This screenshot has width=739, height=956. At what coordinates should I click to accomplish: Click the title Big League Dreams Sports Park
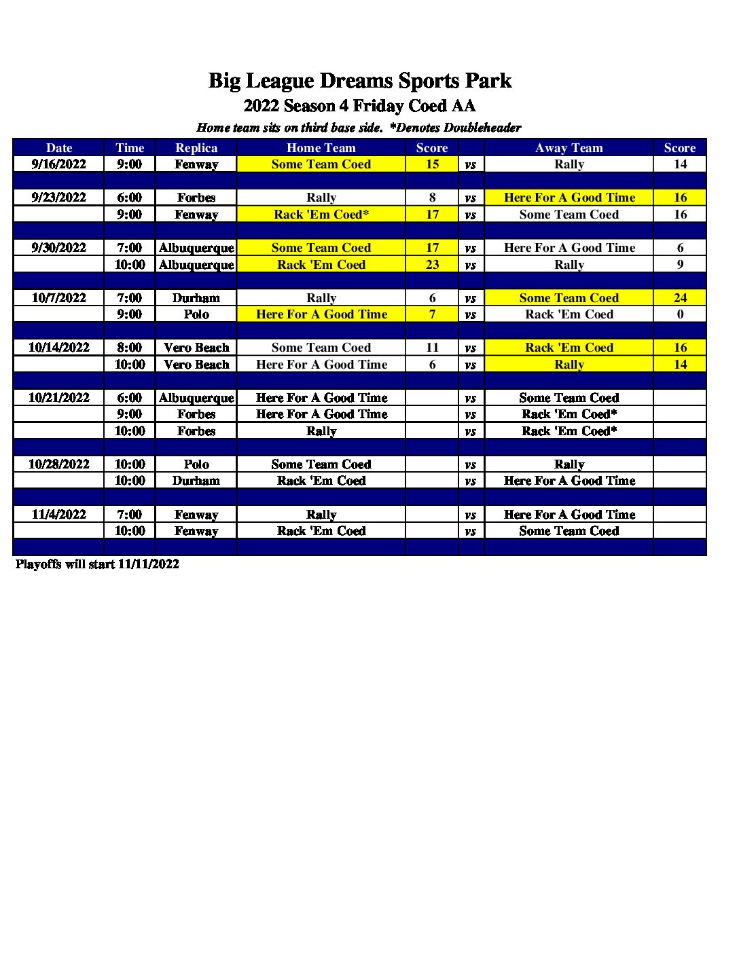point(359,81)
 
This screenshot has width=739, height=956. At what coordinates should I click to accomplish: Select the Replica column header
point(196,147)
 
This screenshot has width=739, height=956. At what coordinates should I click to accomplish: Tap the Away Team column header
point(569,147)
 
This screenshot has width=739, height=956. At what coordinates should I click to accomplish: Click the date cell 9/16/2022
point(59,164)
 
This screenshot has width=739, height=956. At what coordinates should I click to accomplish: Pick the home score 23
point(432,265)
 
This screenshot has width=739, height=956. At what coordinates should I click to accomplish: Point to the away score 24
point(680,298)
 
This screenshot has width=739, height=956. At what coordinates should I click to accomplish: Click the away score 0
point(680,314)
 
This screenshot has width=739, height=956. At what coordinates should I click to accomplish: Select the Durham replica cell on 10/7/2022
point(196,298)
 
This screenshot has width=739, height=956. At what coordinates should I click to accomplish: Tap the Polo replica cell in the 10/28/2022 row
point(196,464)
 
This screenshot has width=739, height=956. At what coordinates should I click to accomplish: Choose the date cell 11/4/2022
point(59,515)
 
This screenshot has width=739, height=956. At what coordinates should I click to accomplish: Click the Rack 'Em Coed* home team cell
point(321,215)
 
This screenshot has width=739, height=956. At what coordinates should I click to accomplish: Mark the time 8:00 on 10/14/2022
point(130,348)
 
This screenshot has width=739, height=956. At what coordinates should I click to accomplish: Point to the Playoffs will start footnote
point(97,564)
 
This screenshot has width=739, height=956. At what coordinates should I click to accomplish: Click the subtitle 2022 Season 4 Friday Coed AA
point(359,107)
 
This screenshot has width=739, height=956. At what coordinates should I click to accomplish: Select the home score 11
point(432,348)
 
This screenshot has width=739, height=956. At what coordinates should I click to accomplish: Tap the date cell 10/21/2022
point(59,398)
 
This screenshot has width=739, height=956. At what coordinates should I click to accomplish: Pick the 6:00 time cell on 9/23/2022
point(130,198)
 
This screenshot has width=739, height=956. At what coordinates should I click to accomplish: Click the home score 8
point(432,198)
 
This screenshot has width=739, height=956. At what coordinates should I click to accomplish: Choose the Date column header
point(59,147)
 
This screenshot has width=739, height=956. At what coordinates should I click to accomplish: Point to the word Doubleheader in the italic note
point(482,128)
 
